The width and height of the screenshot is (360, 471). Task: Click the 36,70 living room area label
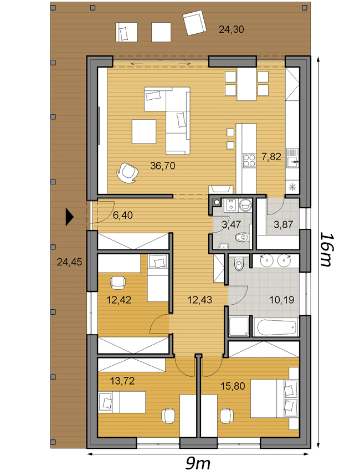(163, 166)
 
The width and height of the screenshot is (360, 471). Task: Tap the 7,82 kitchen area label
(271, 156)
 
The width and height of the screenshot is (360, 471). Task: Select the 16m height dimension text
(326, 249)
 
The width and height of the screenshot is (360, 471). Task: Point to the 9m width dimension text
(198, 463)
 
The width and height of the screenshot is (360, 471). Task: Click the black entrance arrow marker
(69, 217)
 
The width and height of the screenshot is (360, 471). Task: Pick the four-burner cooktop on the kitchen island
(249, 160)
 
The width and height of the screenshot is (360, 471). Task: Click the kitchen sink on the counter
(292, 157)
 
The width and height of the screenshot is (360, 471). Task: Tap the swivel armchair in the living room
(127, 172)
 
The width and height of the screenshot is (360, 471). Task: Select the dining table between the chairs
(246, 84)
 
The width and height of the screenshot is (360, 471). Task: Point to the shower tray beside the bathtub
(239, 326)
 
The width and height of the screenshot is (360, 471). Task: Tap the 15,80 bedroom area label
(233, 386)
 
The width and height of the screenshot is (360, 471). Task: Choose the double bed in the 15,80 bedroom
(274, 398)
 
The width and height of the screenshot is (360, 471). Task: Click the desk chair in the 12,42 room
(118, 281)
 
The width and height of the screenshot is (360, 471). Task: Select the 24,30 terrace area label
(231, 29)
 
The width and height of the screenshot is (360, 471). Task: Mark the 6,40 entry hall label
(123, 215)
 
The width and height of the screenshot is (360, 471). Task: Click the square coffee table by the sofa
(144, 131)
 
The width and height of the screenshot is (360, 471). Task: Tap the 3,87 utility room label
(284, 224)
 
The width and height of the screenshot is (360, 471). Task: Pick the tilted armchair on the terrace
(196, 23)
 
